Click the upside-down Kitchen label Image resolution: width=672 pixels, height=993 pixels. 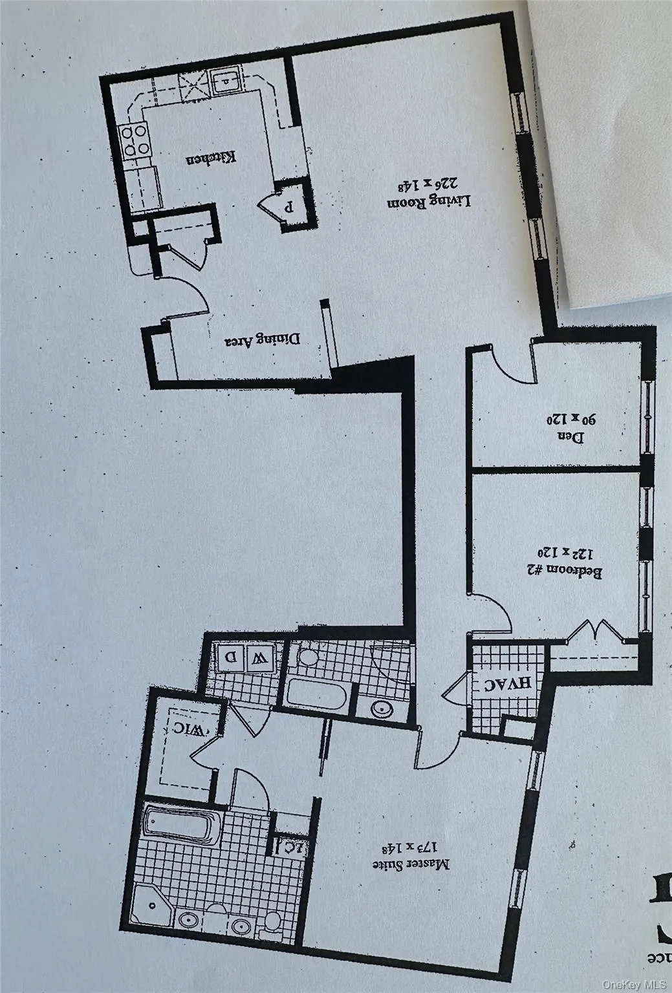coord(212,158)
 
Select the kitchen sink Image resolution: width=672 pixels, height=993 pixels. coord(225,82)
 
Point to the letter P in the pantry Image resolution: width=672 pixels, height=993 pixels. coord(290,208)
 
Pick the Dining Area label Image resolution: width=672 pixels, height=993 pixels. coord(263,340)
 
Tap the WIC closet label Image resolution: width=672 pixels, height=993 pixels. coord(190,729)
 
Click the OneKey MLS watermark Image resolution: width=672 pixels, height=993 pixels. coord(633,985)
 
